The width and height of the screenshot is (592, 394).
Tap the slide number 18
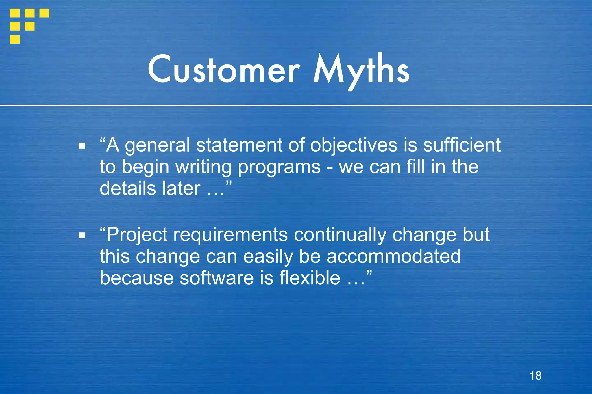(x=535, y=376)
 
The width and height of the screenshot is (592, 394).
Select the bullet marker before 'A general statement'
(x=82, y=146)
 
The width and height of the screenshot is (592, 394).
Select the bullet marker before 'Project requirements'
(x=82, y=236)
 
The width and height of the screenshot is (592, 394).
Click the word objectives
(x=354, y=145)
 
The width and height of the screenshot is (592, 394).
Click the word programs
(x=279, y=167)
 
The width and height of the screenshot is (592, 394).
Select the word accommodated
(x=393, y=256)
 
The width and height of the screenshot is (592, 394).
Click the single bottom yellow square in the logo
(x=15, y=39)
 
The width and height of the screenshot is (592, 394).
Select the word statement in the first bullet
(x=239, y=145)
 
